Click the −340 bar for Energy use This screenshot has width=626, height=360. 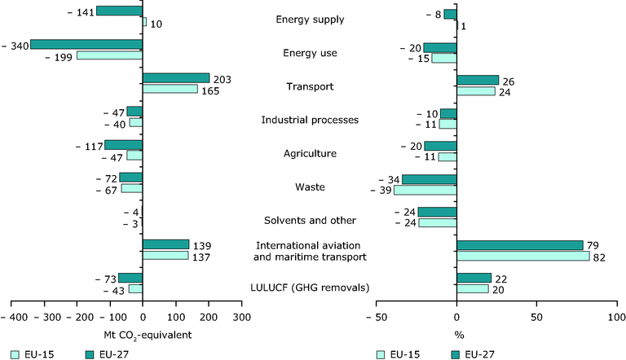coord(86,44)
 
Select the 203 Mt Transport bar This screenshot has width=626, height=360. coord(176,78)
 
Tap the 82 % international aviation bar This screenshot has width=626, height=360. coord(523,256)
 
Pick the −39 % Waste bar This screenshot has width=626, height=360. coord(425,190)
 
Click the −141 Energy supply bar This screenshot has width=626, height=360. coord(119,11)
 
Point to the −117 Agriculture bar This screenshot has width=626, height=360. coord(123,145)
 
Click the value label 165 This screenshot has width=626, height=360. coord(210,91)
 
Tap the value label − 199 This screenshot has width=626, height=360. coord(59,58)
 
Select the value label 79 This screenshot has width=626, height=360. coord(593,245)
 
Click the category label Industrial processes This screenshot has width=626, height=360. coord(310,120)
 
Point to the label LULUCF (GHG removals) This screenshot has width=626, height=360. coord(310,288)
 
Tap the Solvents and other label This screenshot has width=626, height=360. coord(310,221)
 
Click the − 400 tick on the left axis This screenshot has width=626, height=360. coord(14,318)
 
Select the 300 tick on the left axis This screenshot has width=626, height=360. coord(242,318)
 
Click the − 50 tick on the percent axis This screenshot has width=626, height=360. coord(376,318)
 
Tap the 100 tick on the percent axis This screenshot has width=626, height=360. coord(617,318)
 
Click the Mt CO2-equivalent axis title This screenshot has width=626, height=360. coord(148,336)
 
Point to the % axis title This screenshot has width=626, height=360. coord(459,336)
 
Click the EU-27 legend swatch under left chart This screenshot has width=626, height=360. coord(90,355)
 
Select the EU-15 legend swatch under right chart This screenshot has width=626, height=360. coord(381,355)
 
